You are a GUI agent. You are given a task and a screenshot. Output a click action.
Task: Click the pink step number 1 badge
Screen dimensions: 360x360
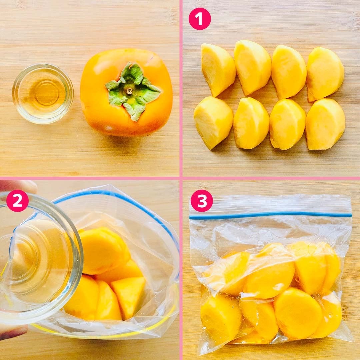point(200,19)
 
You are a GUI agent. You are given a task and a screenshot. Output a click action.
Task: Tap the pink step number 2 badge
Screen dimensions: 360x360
point(17,201)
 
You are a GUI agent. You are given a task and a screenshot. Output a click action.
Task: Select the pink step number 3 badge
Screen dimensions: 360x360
point(202,201)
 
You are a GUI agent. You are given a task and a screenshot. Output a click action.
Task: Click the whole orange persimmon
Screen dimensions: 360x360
point(126,92)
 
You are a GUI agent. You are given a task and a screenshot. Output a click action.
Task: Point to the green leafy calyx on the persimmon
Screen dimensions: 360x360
point(133,91)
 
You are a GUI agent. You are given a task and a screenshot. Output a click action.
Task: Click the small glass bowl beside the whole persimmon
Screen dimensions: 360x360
point(43,94)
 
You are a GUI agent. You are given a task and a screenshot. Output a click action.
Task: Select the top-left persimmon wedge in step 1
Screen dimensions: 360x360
point(218,70)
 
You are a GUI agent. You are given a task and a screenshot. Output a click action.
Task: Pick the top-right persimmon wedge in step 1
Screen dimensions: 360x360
point(325,74)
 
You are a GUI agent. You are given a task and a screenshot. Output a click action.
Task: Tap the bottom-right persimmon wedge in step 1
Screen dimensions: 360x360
point(325,124)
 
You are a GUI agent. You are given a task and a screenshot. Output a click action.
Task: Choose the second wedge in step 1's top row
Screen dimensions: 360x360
point(253,67)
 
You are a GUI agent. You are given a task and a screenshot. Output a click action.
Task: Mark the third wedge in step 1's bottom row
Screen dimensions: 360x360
point(287,124)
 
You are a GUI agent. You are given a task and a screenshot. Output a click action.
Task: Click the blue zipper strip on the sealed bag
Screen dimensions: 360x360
point(270,215)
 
